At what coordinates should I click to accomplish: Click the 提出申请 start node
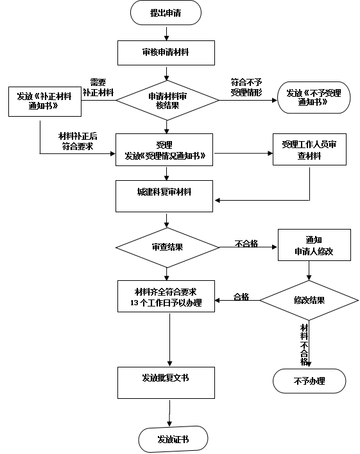click(x=166, y=13)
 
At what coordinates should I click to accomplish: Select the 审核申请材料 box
click(x=166, y=53)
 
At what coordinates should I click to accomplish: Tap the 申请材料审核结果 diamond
click(x=167, y=100)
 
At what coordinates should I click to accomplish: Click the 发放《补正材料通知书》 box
click(x=45, y=101)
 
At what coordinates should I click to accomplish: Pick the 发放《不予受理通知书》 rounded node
click(x=314, y=97)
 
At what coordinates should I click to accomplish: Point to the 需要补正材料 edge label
click(x=98, y=87)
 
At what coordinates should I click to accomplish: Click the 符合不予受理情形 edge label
click(x=246, y=87)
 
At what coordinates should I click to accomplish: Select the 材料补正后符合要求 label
click(x=78, y=141)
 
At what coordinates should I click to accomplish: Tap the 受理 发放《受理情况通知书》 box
click(x=164, y=149)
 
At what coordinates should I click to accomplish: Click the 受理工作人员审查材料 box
click(x=309, y=149)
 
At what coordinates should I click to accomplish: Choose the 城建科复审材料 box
click(x=164, y=196)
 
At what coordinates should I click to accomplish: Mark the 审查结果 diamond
click(x=167, y=248)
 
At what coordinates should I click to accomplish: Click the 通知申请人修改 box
click(x=314, y=245)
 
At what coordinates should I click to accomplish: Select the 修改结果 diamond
click(x=309, y=300)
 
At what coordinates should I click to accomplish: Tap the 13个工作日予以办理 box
click(x=166, y=296)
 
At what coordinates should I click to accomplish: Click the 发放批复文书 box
click(x=166, y=383)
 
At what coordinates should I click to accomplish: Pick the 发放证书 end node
click(x=173, y=439)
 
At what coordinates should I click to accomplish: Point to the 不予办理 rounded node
click(x=309, y=381)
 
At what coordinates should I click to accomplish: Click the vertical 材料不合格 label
click(x=304, y=345)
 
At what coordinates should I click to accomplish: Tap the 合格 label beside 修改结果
click(x=241, y=297)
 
